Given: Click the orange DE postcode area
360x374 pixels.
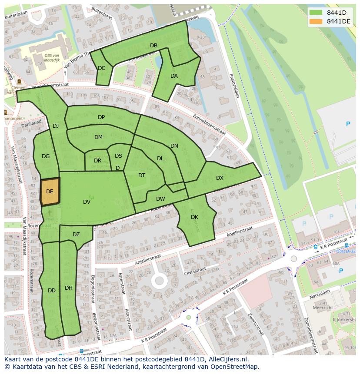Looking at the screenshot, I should click(50, 191).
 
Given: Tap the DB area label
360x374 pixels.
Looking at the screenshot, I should click(153, 46).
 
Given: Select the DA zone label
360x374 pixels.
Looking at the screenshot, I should click(174, 76).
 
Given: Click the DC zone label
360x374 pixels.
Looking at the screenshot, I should click(101, 68).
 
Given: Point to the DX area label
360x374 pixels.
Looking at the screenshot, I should click(220, 178).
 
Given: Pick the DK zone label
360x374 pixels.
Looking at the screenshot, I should click(194, 217).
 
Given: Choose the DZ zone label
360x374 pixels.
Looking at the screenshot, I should click(76, 235).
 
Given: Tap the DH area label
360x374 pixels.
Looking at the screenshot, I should click(68, 288).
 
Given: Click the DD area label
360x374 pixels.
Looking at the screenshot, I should click(51, 291).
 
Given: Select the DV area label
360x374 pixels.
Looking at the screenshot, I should click(87, 202).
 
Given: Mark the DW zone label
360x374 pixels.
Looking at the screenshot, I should click(160, 199).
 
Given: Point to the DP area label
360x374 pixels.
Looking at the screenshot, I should click(101, 117).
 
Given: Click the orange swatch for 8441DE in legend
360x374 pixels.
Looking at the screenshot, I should click(316, 21).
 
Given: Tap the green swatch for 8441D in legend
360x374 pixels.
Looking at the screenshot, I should click(316, 13).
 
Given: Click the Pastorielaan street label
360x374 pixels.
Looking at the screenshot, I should click(235, 84).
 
